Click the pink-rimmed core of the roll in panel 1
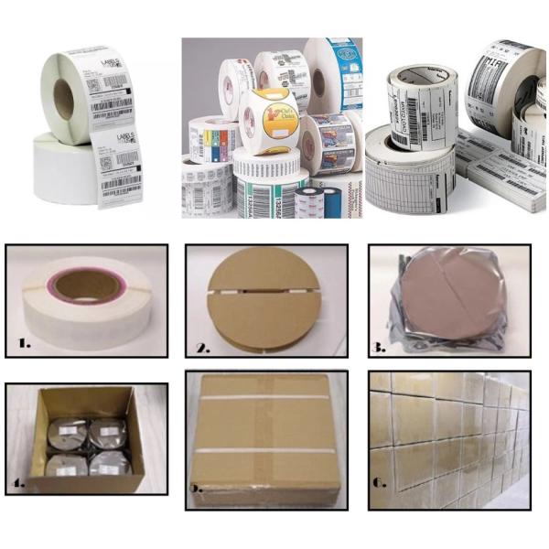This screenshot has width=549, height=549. click(x=87, y=285)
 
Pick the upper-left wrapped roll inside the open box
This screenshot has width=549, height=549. click(x=65, y=431)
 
